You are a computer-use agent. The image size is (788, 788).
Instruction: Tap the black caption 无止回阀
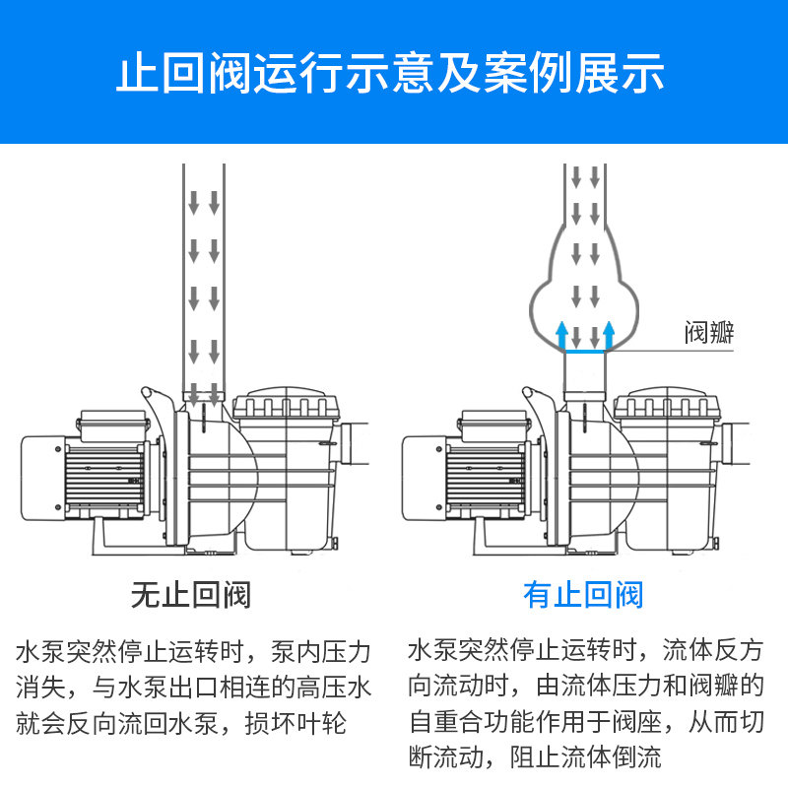[191, 595]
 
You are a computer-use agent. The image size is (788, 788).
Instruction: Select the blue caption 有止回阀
[583, 595]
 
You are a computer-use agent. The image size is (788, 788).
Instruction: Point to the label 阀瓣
[710, 332]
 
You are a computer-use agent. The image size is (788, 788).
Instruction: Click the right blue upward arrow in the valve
[609, 336]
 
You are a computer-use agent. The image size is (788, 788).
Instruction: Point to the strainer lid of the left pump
[286, 405]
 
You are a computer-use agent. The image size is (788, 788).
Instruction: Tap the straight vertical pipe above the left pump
[205, 276]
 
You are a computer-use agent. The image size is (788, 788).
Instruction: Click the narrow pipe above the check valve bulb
[585, 192]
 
